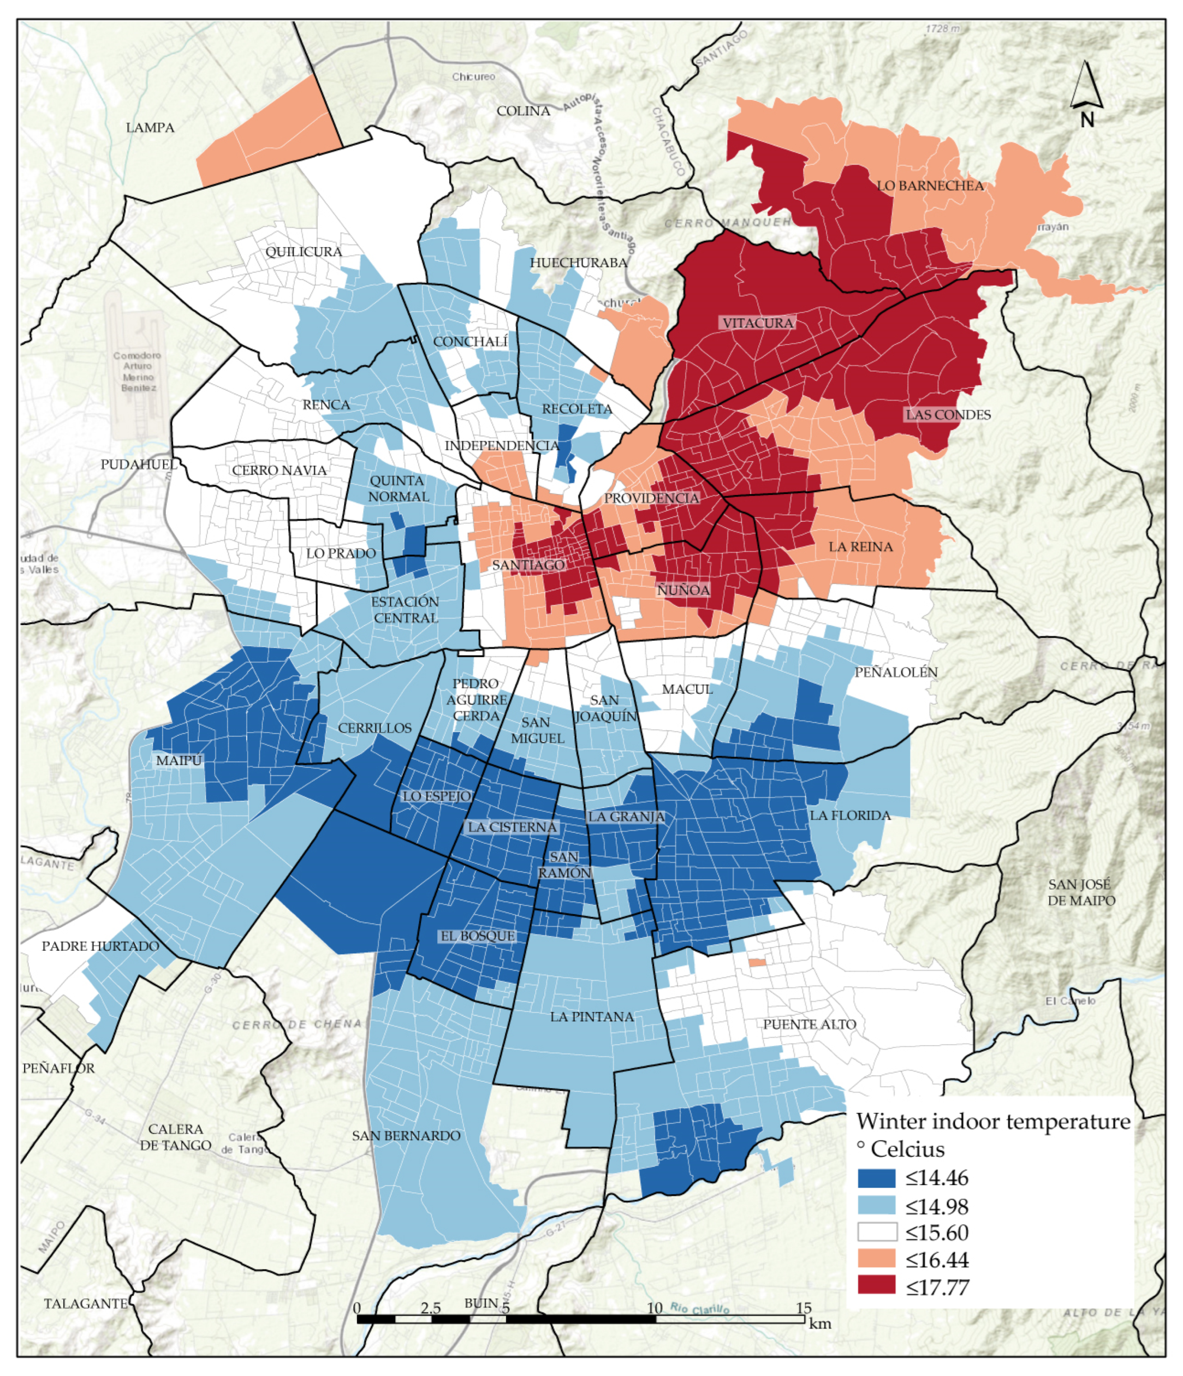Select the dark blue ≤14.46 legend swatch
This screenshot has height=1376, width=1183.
point(876,1178)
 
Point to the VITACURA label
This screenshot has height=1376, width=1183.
point(758,323)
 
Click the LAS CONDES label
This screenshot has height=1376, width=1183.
point(948,414)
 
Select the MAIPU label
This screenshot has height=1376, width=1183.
point(179,760)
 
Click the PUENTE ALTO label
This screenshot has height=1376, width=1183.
point(809,1024)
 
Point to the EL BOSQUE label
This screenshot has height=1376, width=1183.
point(478,936)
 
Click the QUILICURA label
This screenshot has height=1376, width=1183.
point(304,252)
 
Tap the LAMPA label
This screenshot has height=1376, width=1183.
point(150,128)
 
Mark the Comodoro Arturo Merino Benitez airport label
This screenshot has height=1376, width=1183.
point(137,371)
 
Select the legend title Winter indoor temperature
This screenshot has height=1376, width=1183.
point(993,1121)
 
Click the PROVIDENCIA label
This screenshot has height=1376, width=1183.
point(651,498)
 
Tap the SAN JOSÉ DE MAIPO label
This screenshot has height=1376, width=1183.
point(1081,892)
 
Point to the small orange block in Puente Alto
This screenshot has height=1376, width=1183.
point(757,962)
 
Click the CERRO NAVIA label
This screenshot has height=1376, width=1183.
point(279,470)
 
